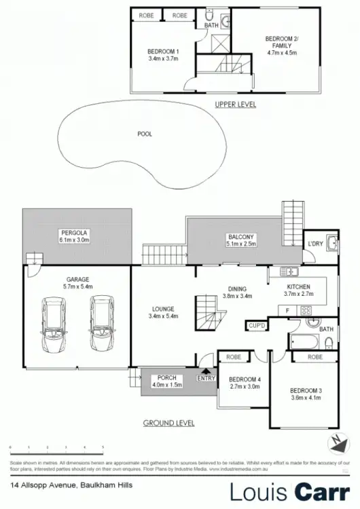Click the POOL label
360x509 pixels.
145,134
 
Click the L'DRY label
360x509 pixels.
314,244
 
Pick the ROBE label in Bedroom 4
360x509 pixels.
234,357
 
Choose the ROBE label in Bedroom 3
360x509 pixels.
314,357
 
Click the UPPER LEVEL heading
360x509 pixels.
235,104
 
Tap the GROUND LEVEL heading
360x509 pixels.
168,423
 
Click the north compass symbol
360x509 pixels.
336,443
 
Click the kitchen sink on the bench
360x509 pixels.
289,272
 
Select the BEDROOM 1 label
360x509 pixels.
164,51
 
